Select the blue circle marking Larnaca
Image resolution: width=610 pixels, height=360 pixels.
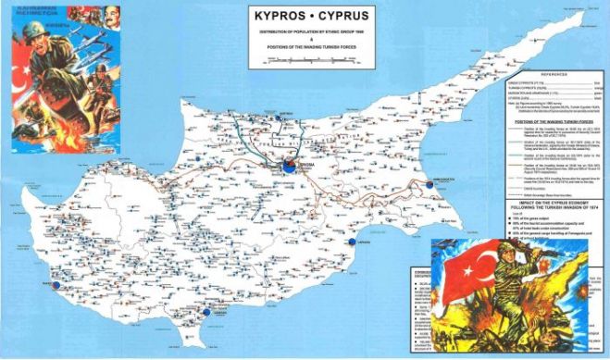[352, 242]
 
